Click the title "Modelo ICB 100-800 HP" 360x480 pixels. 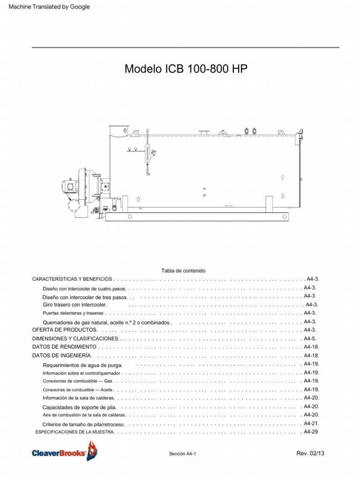coord(186,69)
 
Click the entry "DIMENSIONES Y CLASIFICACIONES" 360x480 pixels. coord(75,338)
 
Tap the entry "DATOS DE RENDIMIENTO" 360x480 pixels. coord(64,347)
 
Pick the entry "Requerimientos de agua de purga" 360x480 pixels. coord(82,365)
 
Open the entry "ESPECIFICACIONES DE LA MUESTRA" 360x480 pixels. coord(75,432)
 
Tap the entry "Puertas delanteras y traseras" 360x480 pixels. coord(74,313)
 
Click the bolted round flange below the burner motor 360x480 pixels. coord(74,206)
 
